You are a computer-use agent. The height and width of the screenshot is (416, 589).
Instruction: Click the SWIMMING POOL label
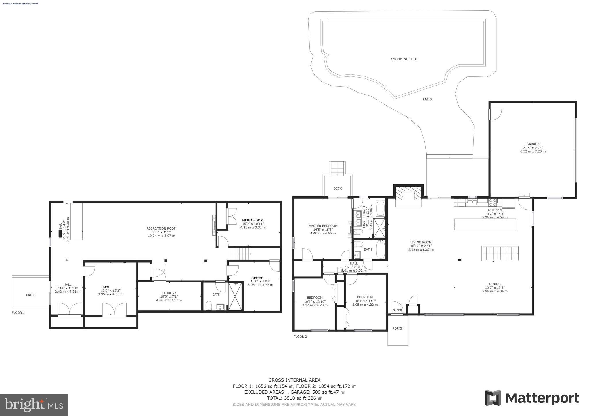tap(404, 59)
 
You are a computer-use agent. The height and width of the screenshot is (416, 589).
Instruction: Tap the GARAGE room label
tap(533, 144)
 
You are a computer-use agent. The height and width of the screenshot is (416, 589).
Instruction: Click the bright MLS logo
tap(34, 405)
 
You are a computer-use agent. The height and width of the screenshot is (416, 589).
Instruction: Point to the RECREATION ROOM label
tap(161, 229)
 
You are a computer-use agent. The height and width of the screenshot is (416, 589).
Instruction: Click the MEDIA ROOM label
tap(253, 220)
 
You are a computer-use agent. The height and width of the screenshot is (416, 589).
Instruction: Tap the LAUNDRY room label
tap(169, 293)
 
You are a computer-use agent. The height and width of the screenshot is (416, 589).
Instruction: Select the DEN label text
tap(106, 287)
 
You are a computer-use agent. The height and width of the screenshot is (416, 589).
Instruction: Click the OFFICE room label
tap(257, 278)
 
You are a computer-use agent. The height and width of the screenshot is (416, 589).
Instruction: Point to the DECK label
tap(337, 189)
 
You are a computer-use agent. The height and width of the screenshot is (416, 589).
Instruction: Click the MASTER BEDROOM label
tap(323, 226)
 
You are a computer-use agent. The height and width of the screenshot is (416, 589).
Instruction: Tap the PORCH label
tap(398, 328)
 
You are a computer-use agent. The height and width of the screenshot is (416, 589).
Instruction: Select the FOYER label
tap(397, 310)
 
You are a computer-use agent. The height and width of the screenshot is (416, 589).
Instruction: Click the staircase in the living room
tap(500, 253)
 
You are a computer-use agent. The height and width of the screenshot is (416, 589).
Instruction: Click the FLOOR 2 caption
tap(300, 336)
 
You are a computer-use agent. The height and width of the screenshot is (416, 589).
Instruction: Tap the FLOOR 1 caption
tap(18, 313)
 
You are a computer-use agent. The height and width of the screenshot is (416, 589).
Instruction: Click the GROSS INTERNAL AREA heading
tap(294, 380)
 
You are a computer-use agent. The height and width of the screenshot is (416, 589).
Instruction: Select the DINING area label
tap(495, 284)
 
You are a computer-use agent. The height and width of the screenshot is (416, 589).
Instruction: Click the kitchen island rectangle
tap(485, 224)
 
